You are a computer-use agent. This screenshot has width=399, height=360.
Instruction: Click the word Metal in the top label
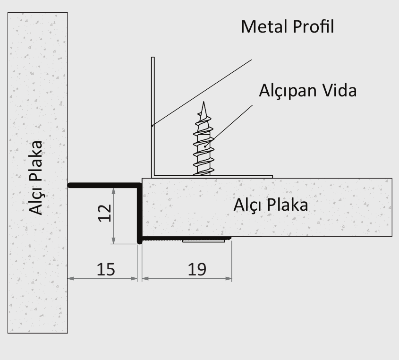(x=264, y=27)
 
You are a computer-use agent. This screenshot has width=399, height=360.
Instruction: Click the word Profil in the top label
(x=313, y=26)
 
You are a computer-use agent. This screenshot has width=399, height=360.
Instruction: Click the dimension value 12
(x=105, y=213)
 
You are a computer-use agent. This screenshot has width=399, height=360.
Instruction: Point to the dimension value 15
(x=106, y=269)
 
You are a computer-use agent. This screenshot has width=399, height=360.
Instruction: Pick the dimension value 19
(x=197, y=269)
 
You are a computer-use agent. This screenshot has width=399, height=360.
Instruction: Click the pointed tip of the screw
(x=204, y=102)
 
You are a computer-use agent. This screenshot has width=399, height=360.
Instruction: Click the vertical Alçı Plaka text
(x=35, y=178)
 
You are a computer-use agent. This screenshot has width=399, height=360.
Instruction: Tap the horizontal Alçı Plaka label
(x=271, y=205)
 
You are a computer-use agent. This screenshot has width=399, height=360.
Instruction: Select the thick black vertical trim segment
(x=139, y=214)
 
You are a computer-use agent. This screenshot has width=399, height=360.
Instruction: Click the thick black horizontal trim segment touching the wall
(x=104, y=186)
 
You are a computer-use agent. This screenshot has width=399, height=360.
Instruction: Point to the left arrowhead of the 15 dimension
(x=71, y=279)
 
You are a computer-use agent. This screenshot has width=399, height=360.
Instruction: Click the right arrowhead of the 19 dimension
(x=229, y=279)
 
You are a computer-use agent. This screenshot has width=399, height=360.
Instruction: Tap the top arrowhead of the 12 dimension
(x=113, y=191)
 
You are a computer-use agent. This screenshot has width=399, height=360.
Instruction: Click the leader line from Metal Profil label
(x=202, y=93)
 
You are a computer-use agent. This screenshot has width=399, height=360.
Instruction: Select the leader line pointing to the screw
(x=229, y=126)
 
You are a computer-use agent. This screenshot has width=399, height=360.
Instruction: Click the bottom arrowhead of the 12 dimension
(x=113, y=240)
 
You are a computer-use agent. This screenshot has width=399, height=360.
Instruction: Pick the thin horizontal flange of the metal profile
(x=212, y=177)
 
